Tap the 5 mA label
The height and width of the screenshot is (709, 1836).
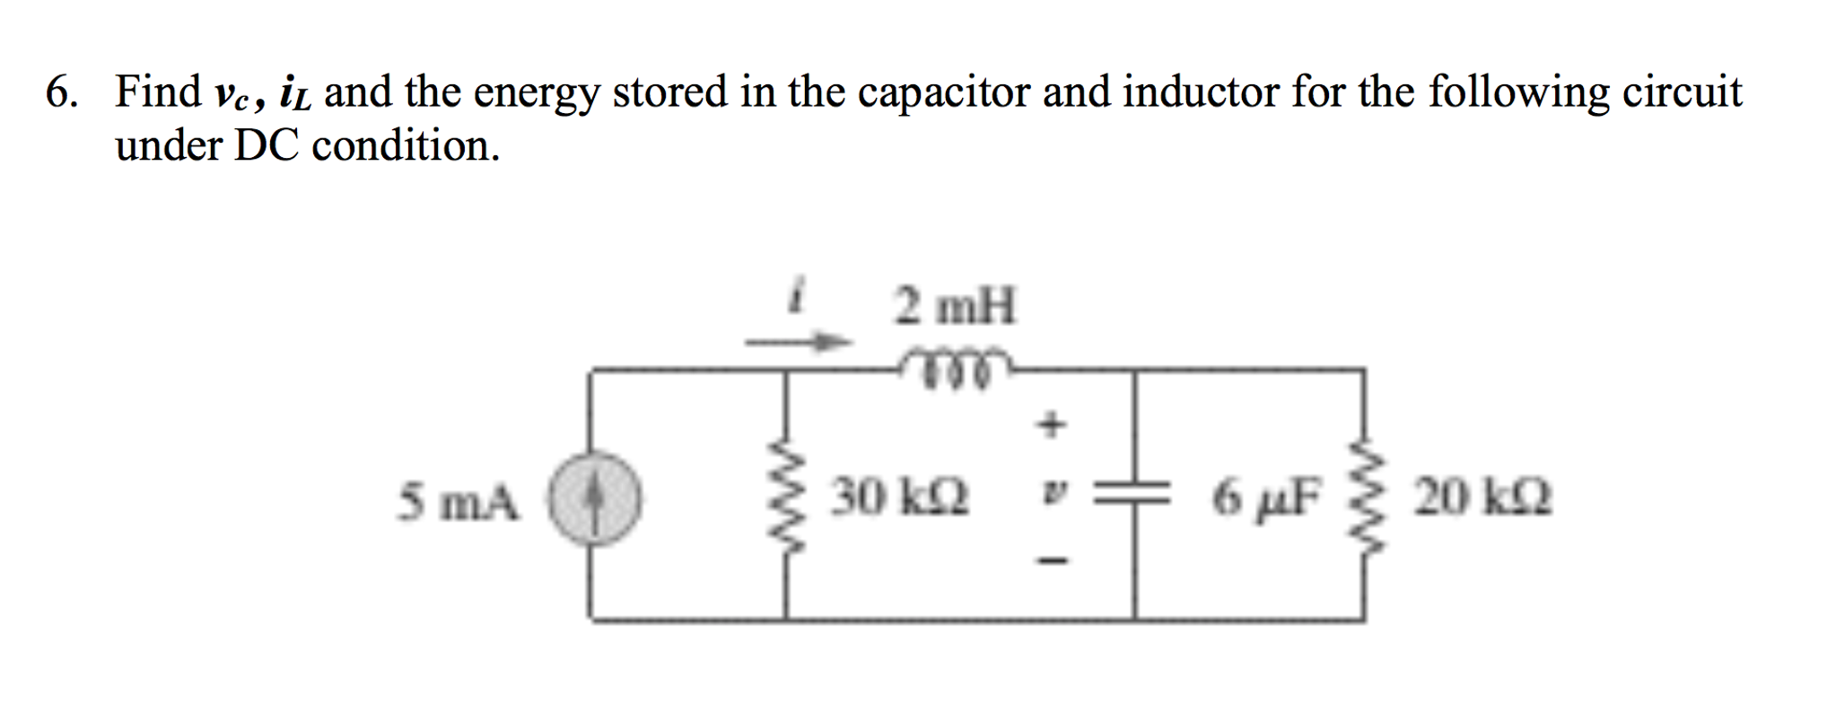point(459,501)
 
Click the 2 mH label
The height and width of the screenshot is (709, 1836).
point(955,307)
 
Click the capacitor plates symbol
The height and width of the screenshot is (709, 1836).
point(1134,494)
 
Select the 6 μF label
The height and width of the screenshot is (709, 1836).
point(1266,497)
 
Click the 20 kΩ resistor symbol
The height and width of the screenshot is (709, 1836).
point(1364,499)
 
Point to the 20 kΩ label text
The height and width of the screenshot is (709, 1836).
point(1482,497)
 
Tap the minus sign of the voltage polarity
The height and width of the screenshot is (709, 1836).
point(1051,561)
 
